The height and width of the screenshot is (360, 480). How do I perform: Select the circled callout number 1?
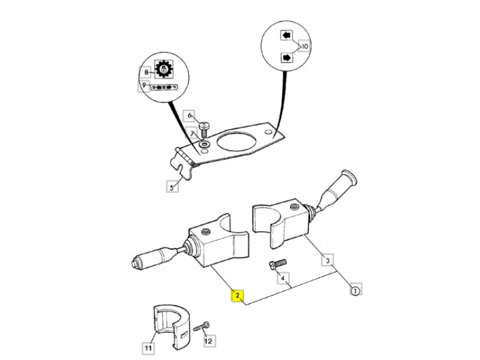click(x=355, y=291)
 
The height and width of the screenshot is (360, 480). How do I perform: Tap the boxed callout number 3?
click(x=328, y=260)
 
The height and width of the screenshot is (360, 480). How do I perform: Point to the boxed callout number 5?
click(x=172, y=187)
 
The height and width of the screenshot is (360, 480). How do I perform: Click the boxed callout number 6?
click(x=189, y=115)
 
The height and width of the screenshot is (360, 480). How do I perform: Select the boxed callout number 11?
click(x=148, y=347)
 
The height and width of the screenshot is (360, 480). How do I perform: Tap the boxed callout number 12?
click(x=209, y=341)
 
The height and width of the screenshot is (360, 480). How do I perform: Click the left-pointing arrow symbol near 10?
click(x=286, y=35)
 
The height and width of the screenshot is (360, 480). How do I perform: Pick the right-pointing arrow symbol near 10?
click(x=286, y=58)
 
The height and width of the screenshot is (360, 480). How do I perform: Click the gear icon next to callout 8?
click(x=161, y=70)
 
